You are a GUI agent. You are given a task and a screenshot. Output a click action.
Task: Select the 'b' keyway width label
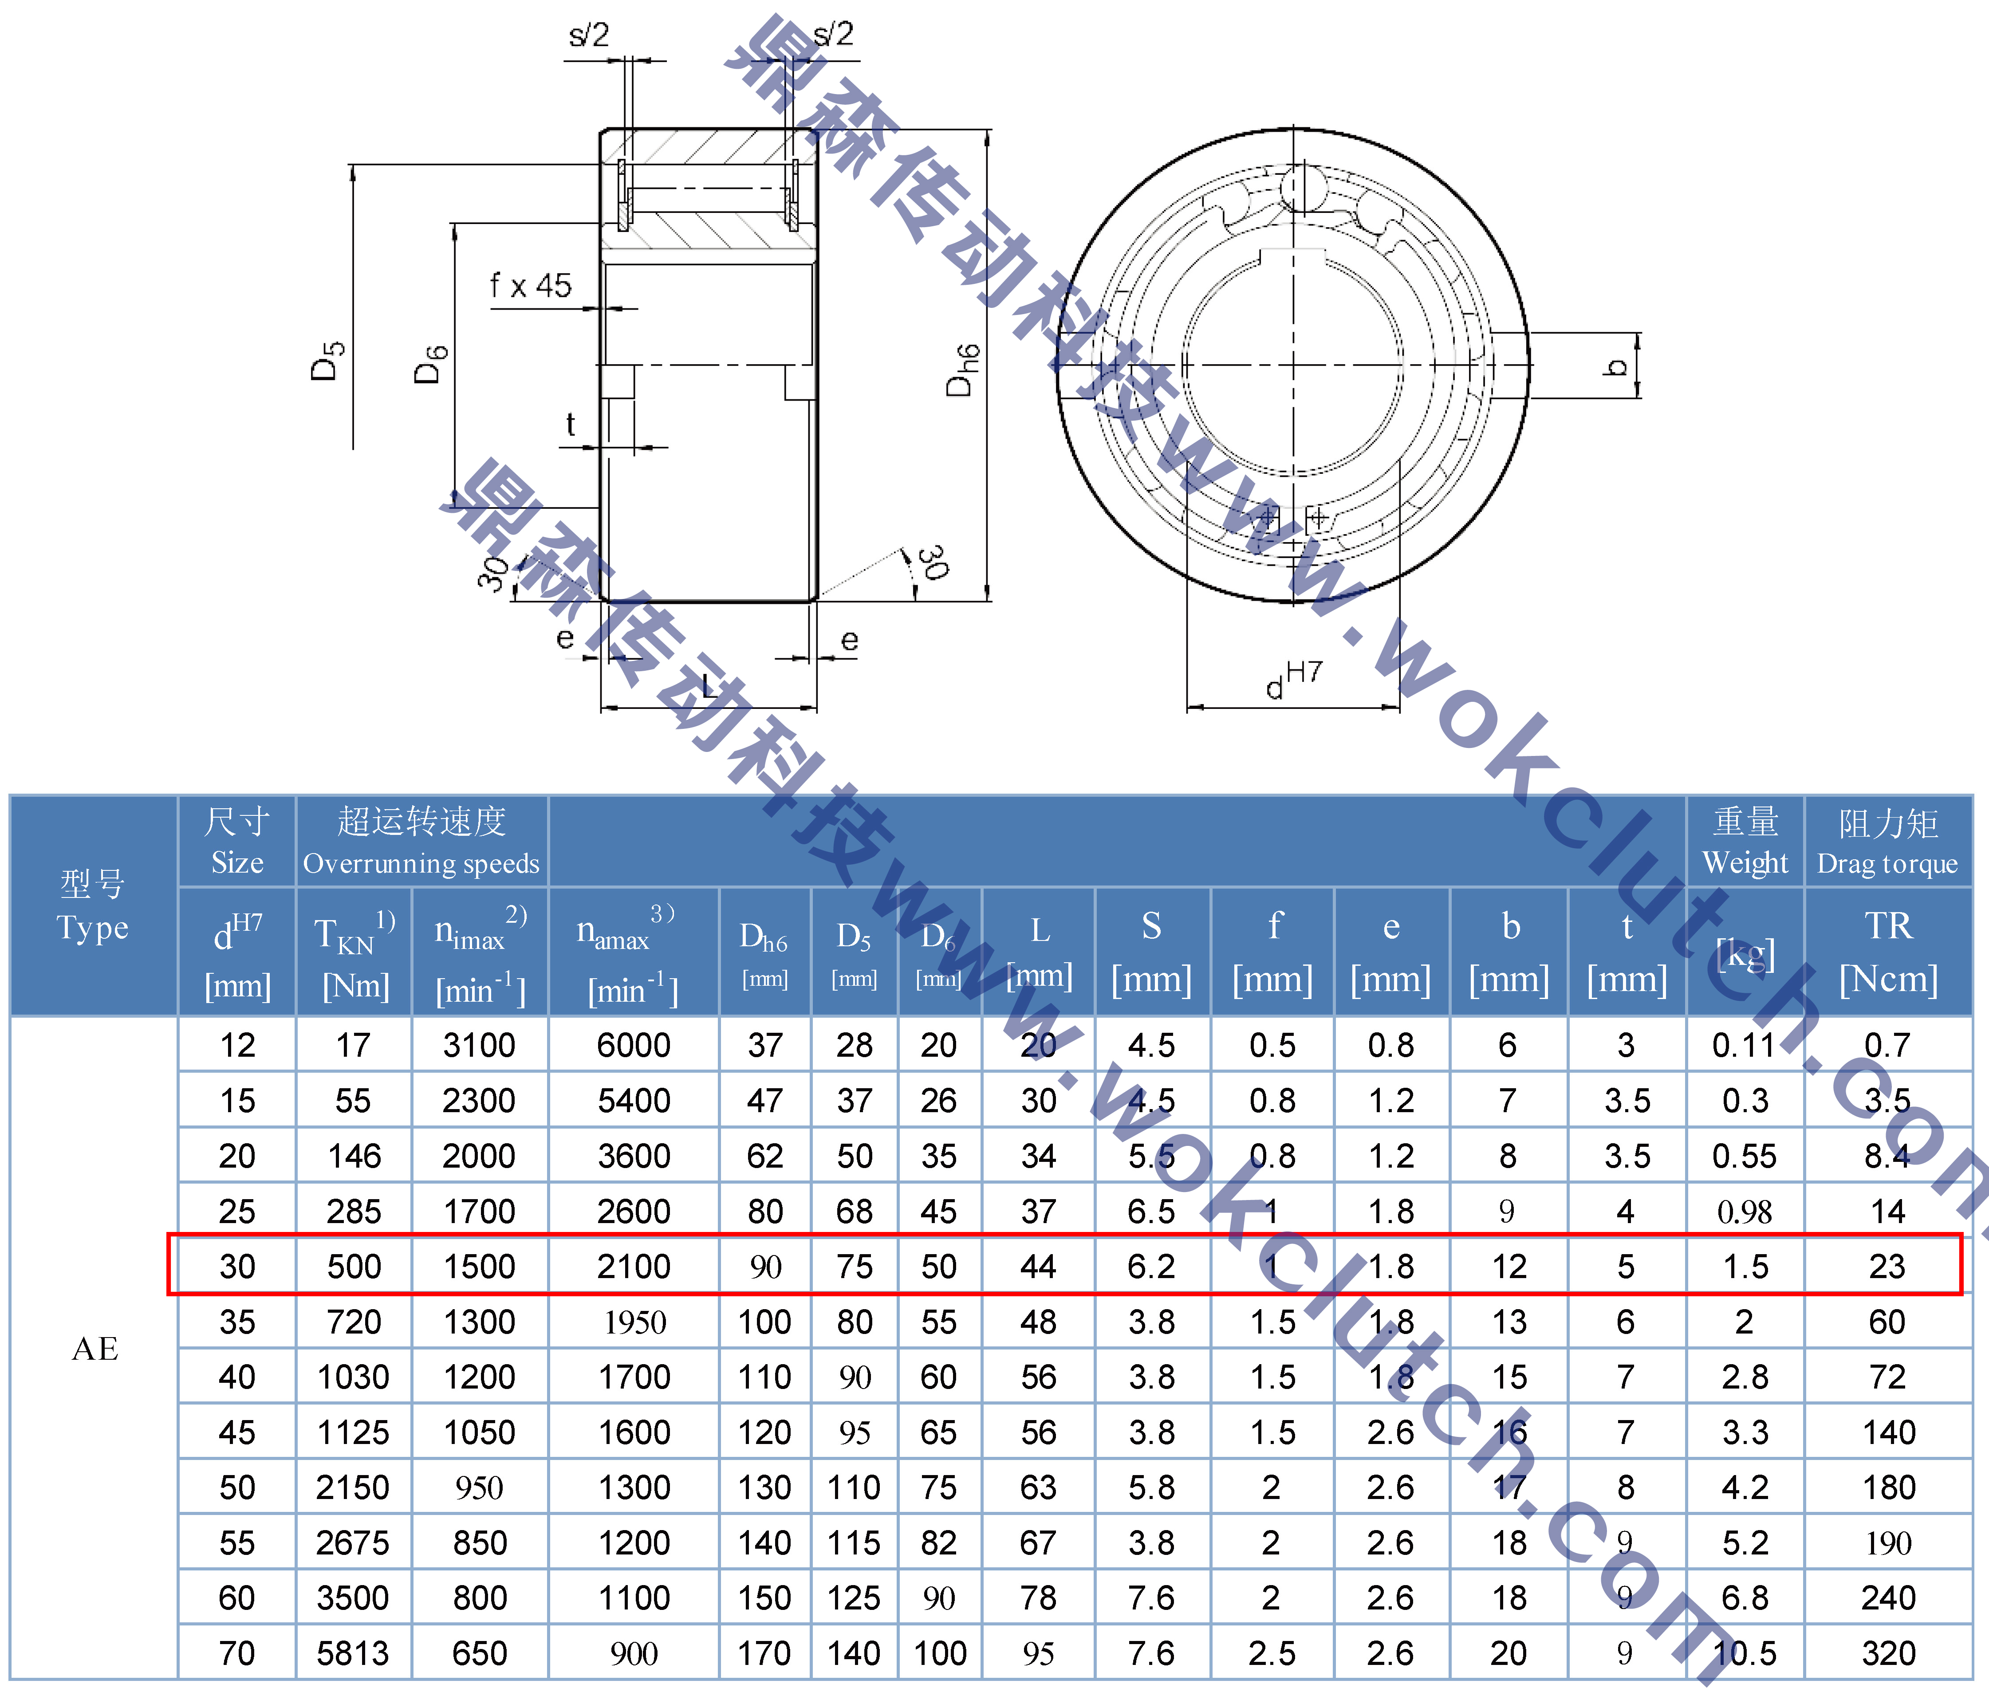coord(1616,366)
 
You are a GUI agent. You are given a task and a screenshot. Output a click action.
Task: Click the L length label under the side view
coord(708,685)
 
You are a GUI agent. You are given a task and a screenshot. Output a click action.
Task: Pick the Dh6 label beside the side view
coord(962,369)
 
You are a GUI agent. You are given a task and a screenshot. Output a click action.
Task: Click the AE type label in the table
coord(95,1349)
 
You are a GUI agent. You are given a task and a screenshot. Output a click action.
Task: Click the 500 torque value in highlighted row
coord(354,1266)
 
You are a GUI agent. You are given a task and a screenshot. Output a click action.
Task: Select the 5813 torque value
coord(353,1653)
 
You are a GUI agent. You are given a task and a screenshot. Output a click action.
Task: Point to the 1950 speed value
coord(634,1322)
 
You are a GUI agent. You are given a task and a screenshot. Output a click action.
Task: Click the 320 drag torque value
coord(1887,1653)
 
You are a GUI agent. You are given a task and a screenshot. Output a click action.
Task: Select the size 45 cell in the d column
coord(237,1432)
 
